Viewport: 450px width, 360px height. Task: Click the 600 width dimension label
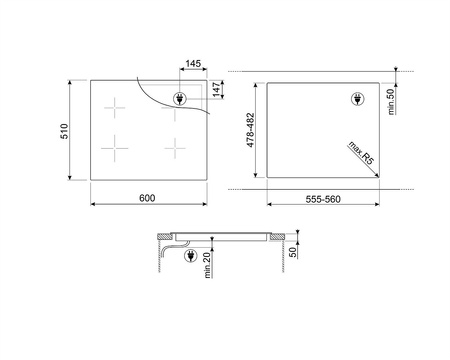pos(147,200)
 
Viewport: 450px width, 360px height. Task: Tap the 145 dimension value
pos(193,63)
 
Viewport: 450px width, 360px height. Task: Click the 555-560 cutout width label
pos(324,200)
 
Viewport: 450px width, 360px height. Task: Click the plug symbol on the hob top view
pos(180,98)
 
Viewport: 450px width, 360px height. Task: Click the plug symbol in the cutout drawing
pos(359,98)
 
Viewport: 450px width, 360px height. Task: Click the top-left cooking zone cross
pos(117,109)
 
